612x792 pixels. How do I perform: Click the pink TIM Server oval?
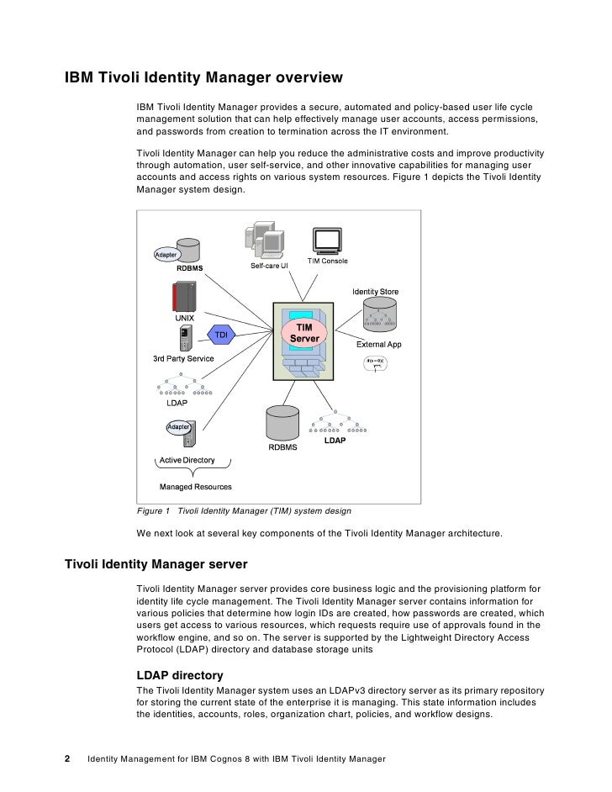coord(304,333)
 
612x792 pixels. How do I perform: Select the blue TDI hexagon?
coord(222,335)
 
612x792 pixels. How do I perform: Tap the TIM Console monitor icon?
coord(326,240)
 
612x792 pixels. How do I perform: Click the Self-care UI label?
coord(269,266)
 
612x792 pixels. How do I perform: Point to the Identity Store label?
coord(375,292)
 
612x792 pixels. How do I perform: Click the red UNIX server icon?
coord(183,297)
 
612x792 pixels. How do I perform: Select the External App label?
coord(379,345)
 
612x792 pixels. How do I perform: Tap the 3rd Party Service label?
coord(183,359)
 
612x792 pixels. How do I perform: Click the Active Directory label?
coord(187,461)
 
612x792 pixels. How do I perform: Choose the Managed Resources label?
coord(196,487)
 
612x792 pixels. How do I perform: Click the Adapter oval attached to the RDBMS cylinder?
coord(166,255)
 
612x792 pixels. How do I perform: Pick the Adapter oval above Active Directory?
coord(178,427)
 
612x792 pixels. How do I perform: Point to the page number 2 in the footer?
coord(68,758)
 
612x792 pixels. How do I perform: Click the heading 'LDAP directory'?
coord(179,675)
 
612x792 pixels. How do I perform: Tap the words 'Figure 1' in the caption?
coord(153,510)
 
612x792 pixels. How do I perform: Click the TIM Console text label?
coord(327,261)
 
